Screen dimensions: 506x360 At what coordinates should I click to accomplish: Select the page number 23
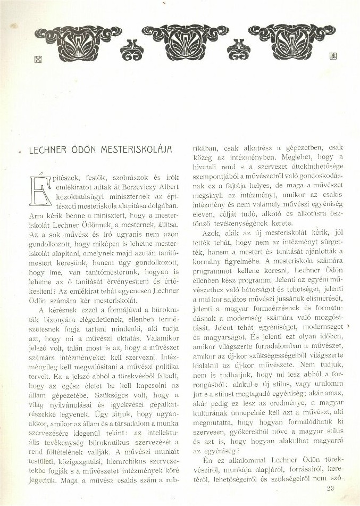pos(331,488)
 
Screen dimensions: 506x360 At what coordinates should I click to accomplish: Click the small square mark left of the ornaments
pos(38,60)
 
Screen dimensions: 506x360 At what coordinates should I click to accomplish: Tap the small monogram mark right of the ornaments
pos(333,55)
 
